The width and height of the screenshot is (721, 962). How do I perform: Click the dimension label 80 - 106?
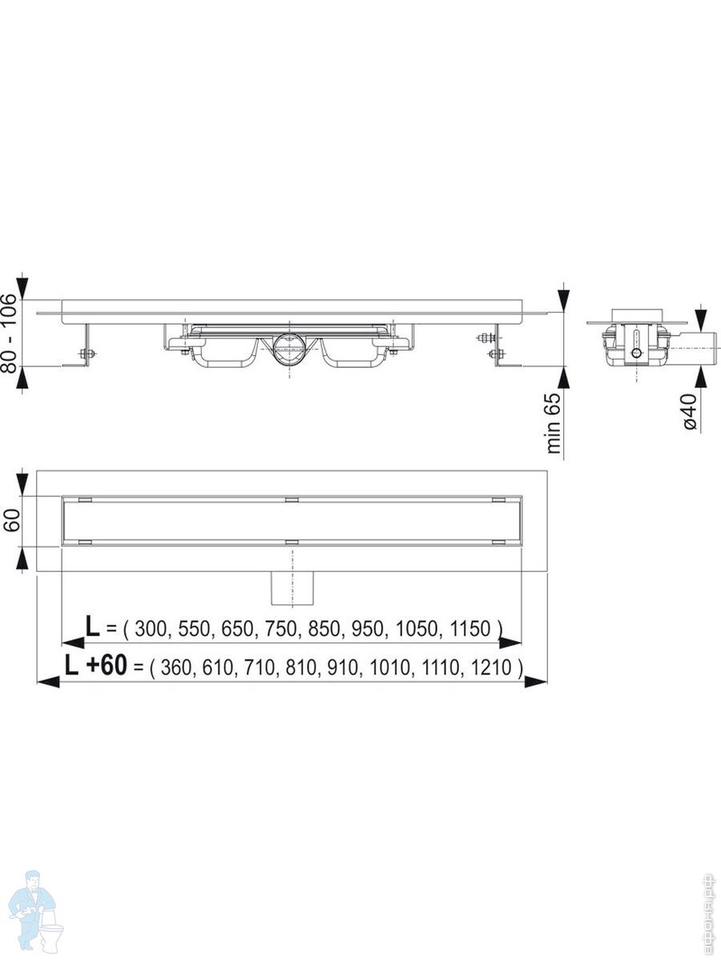pos(10,333)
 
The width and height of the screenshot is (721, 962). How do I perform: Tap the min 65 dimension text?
pos(554,423)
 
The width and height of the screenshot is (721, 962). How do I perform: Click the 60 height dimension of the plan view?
pos(12,520)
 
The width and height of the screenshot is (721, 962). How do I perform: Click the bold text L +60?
pos(96,665)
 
